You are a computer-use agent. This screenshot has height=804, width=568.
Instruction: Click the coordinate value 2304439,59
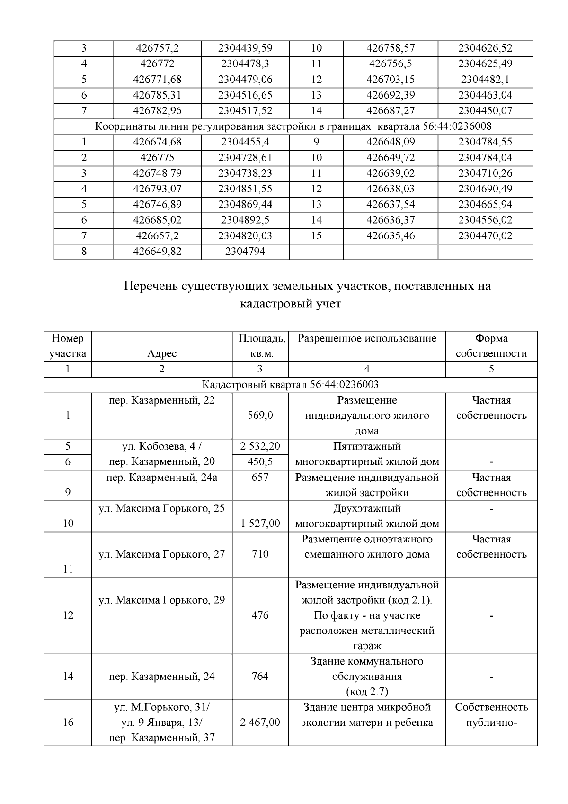pyautogui.click(x=245, y=48)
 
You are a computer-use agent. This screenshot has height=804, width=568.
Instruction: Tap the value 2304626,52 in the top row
pyautogui.click(x=485, y=48)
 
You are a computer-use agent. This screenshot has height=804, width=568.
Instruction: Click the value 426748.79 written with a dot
pyautogui.click(x=157, y=173)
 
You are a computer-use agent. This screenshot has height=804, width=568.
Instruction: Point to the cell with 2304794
pyautogui.click(x=245, y=252)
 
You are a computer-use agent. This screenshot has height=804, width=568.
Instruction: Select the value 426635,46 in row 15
pyautogui.click(x=390, y=236)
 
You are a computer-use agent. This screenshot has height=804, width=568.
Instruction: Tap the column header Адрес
pyautogui.click(x=162, y=354)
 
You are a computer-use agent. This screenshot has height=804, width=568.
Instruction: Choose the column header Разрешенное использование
pyautogui.click(x=367, y=339)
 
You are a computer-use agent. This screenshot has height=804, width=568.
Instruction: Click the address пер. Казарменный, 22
pyautogui.click(x=162, y=401)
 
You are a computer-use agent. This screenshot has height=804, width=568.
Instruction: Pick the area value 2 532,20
pyautogui.click(x=260, y=447)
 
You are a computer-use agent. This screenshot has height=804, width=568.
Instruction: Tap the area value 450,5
pyautogui.click(x=260, y=462)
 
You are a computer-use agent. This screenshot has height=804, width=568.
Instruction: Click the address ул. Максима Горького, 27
pyautogui.click(x=162, y=554)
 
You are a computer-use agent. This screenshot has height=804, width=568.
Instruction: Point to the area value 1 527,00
pyautogui.click(x=260, y=524)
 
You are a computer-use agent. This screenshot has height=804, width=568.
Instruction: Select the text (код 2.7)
pyautogui.click(x=367, y=692)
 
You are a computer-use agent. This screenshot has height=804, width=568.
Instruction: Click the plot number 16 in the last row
pyautogui.click(x=68, y=723)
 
